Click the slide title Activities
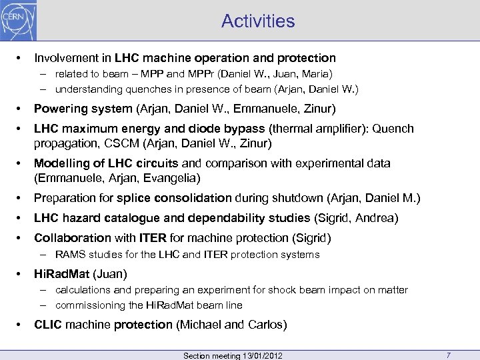(259, 21)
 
